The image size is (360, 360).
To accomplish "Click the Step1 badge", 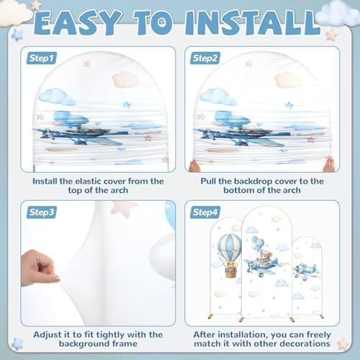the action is tap(41, 58).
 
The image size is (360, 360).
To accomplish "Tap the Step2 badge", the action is tap(205, 58).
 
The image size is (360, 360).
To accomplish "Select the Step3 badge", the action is tap(41, 212).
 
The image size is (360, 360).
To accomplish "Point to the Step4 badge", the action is tap(205, 212).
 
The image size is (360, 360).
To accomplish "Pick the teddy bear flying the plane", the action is tap(264, 258).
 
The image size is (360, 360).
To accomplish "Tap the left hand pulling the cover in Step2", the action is tap(194, 166).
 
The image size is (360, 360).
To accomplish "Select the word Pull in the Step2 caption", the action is tap(208, 181).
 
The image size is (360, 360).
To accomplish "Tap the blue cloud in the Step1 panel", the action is tap(57, 96).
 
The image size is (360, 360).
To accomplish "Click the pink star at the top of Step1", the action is tap(87, 63).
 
